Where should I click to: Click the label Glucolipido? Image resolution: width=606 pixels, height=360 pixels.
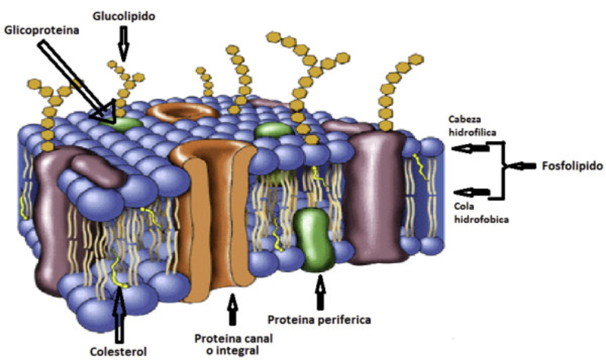click(x=123, y=16)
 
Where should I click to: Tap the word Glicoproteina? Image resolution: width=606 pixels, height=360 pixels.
click(x=42, y=30)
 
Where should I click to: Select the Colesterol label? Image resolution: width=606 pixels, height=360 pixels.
click(x=118, y=352)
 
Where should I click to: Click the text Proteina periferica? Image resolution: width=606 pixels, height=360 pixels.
click(x=319, y=320)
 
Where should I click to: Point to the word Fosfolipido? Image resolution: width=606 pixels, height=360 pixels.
click(x=573, y=166)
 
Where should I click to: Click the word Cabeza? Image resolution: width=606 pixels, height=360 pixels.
click(x=464, y=120)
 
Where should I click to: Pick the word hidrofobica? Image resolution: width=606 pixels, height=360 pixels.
click(x=481, y=220)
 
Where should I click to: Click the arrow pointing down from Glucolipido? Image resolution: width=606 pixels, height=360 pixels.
click(x=123, y=44)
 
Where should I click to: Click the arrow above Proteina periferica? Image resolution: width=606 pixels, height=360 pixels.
click(x=320, y=292)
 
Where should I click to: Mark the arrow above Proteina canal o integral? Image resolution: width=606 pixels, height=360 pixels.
click(x=233, y=309)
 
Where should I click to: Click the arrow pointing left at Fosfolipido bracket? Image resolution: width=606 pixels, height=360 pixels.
click(x=521, y=166)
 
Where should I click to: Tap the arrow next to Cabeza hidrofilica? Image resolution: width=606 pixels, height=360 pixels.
click(x=470, y=148)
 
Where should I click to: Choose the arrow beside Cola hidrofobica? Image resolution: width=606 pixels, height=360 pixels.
click(x=470, y=192)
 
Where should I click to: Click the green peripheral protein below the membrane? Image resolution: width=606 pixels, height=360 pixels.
click(x=313, y=239)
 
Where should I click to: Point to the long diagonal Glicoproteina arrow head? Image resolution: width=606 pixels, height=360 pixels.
click(x=105, y=111)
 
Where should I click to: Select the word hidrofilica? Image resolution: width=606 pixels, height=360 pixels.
click(x=472, y=132)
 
